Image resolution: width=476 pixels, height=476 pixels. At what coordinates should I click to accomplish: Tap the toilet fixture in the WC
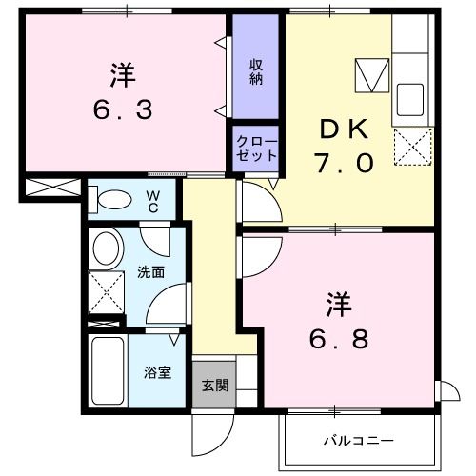click(x=112, y=200)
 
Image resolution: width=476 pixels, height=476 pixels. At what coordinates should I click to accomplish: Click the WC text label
click(x=152, y=200)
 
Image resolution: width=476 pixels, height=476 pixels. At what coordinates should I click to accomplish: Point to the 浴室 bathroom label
click(x=157, y=372)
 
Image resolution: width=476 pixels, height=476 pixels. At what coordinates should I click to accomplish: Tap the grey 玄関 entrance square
click(x=213, y=385)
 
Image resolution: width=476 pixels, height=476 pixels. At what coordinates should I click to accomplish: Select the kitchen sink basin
click(x=409, y=98)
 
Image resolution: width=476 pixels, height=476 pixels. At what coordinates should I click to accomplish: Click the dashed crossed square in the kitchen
click(x=413, y=146)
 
